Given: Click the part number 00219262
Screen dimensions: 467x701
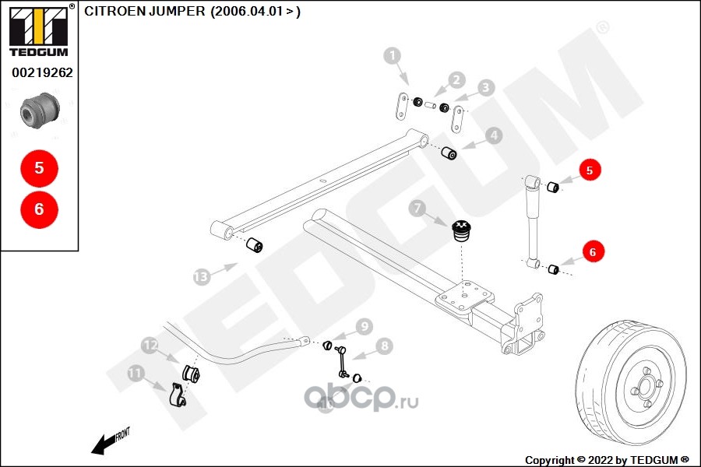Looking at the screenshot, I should [42, 73].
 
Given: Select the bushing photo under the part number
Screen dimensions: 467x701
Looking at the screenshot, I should [39, 110].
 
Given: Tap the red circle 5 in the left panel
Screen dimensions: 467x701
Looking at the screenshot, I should [39, 167].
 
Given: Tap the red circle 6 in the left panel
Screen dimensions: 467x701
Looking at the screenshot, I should [39, 209].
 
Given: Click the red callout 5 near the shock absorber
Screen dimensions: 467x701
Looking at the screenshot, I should [590, 170].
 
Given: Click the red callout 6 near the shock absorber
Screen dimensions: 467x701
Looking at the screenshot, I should [592, 252].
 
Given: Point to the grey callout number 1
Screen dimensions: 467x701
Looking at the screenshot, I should [393, 56].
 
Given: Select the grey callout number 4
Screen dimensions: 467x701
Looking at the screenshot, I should [494, 136].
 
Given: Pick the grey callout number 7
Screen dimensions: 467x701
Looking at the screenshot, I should [418, 209].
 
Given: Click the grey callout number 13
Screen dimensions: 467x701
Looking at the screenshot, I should [202, 276].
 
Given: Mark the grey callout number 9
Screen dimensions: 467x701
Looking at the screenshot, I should [364, 325].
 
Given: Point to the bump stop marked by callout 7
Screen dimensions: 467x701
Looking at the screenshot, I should [463, 230].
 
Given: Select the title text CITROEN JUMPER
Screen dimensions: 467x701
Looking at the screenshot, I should [144, 12].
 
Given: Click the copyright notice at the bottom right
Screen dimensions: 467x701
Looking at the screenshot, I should [607, 459].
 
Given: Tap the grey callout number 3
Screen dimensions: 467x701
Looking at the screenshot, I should [486, 88].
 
